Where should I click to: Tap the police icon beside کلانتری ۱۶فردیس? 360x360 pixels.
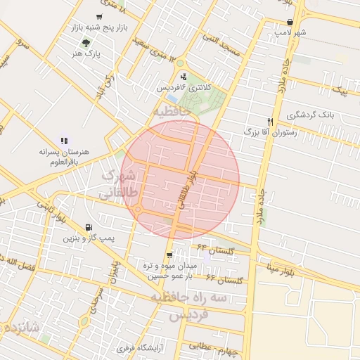click(x=184, y=77)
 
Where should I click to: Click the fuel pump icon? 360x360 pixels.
click(x=88, y=227)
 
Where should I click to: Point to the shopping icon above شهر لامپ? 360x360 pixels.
click(x=290, y=22)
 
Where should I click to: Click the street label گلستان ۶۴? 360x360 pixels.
click(x=214, y=250)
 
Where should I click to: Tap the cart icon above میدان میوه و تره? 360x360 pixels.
click(x=169, y=255)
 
